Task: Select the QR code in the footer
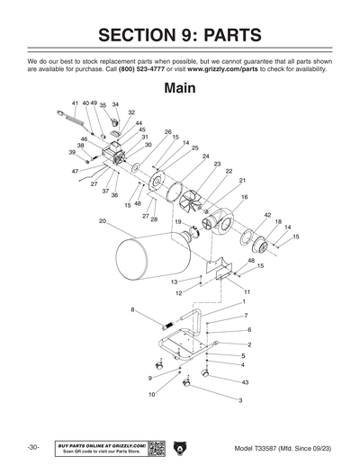(x=156, y=447)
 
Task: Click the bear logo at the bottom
(x=180, y=447)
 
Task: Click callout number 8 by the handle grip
(x=133, y=310)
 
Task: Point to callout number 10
(x=151, y=394)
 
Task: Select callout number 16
(x=245, y=197)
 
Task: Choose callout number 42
(x=268, y=216)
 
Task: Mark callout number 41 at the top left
(x=76, y=103)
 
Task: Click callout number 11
(x=247, y=292)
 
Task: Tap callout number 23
(x=217, y=163)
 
